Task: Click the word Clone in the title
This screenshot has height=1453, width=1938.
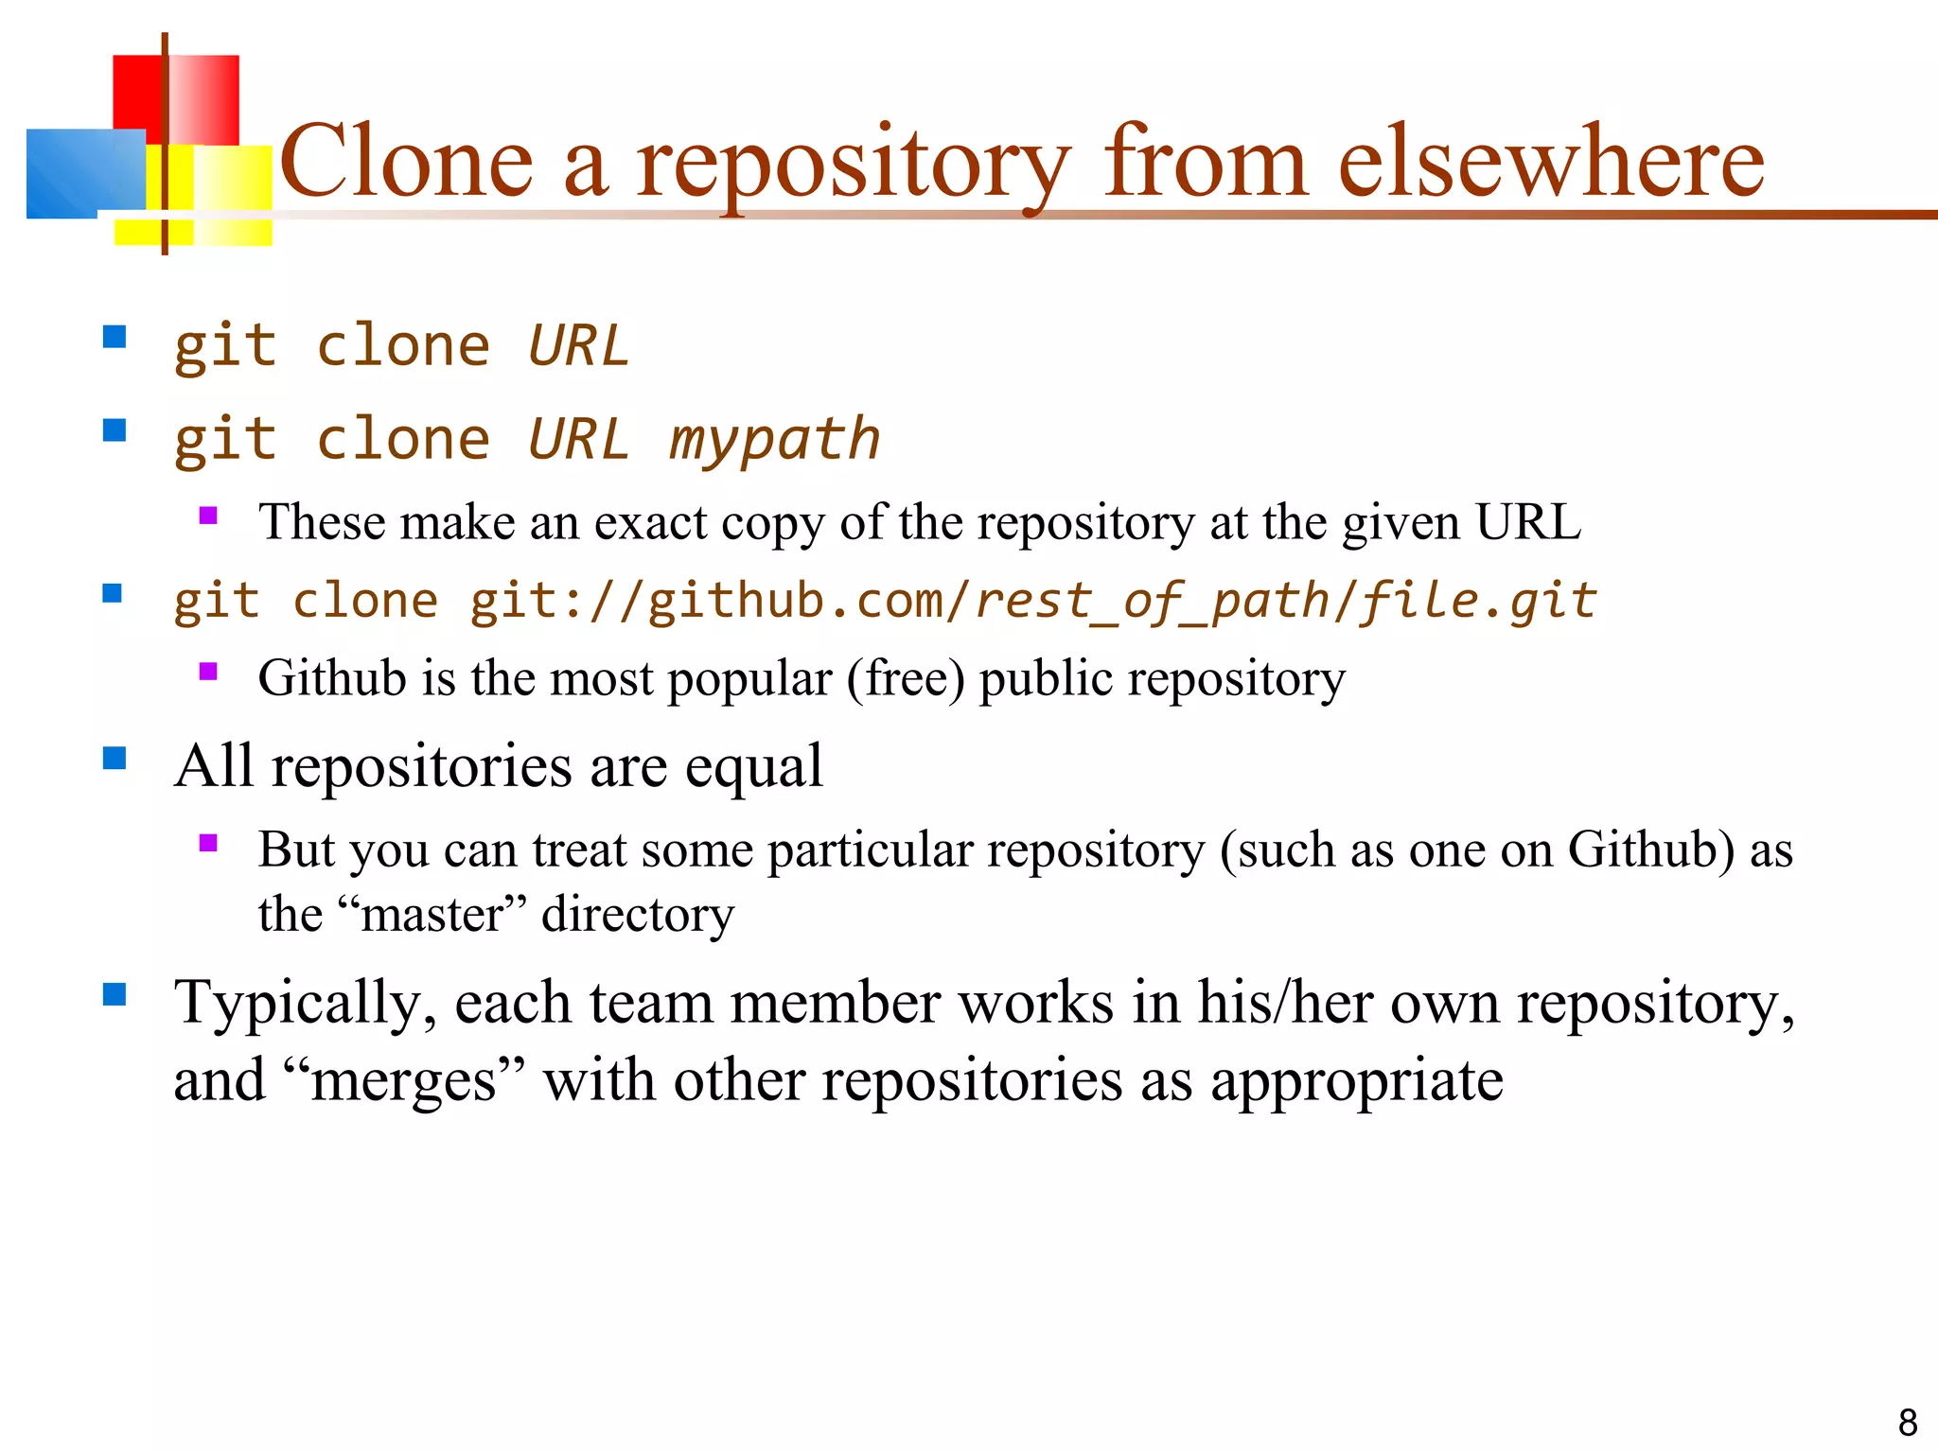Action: tap(407, 162)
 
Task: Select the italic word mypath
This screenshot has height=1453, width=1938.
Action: tap(774, 440)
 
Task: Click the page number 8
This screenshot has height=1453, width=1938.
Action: tap(1908, 1423)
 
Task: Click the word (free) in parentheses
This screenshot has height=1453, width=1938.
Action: tap(906, 679)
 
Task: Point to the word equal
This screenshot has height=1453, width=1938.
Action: tap(753, 767)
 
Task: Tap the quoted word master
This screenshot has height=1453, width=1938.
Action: tap(432, 915)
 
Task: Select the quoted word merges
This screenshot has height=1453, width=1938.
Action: tap(403, 1081)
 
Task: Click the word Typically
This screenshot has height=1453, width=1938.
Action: tap(306, 1005)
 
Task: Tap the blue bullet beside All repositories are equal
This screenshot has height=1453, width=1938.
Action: tap(115, 758)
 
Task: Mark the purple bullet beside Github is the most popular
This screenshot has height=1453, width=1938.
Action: tap(209, 672)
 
